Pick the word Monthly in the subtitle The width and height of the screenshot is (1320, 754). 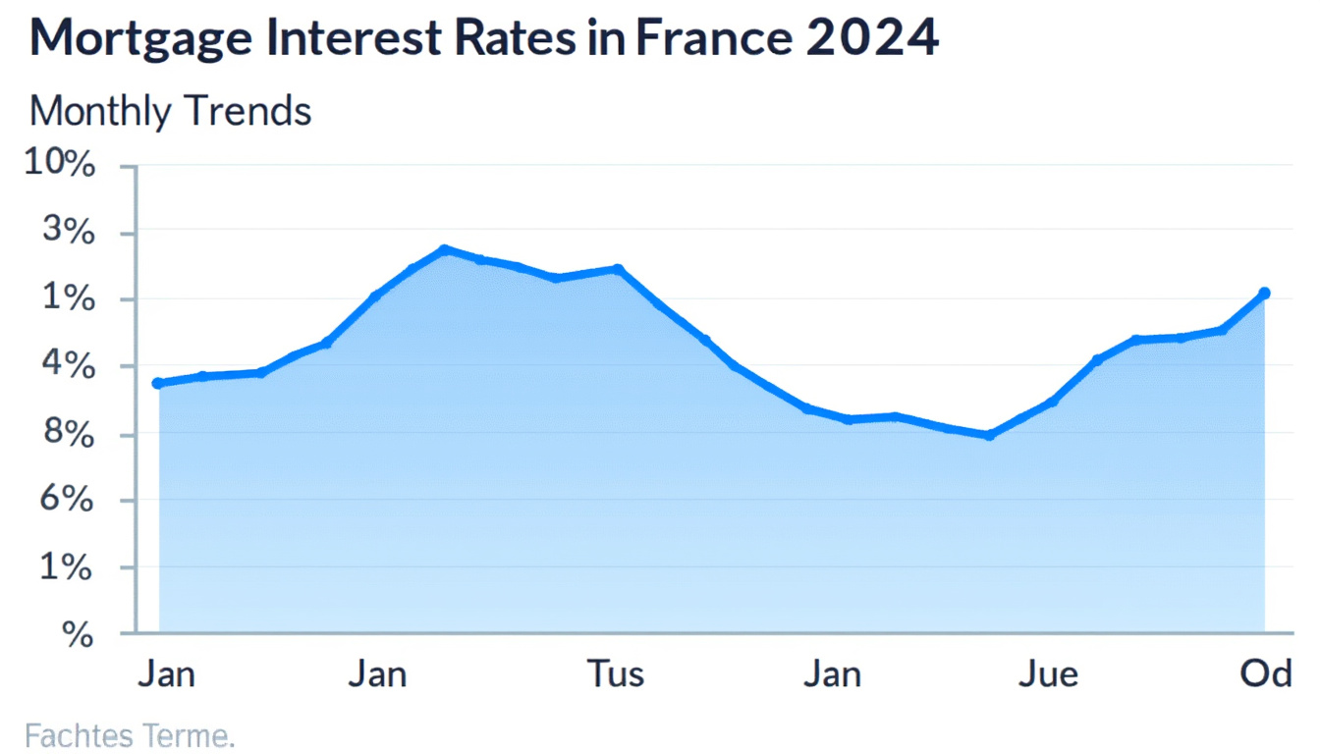pos(99,112)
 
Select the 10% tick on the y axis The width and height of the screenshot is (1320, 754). pos(61,165)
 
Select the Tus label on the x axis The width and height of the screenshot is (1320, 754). pos(616,674)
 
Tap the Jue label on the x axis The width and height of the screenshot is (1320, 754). pos(1048,674)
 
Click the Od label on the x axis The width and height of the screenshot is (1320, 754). pos(1265,674)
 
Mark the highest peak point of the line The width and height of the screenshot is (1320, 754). pos(444,249)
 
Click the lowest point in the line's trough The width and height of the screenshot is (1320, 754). pos(989,435)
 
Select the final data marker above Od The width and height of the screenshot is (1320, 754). pos(1264,293)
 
